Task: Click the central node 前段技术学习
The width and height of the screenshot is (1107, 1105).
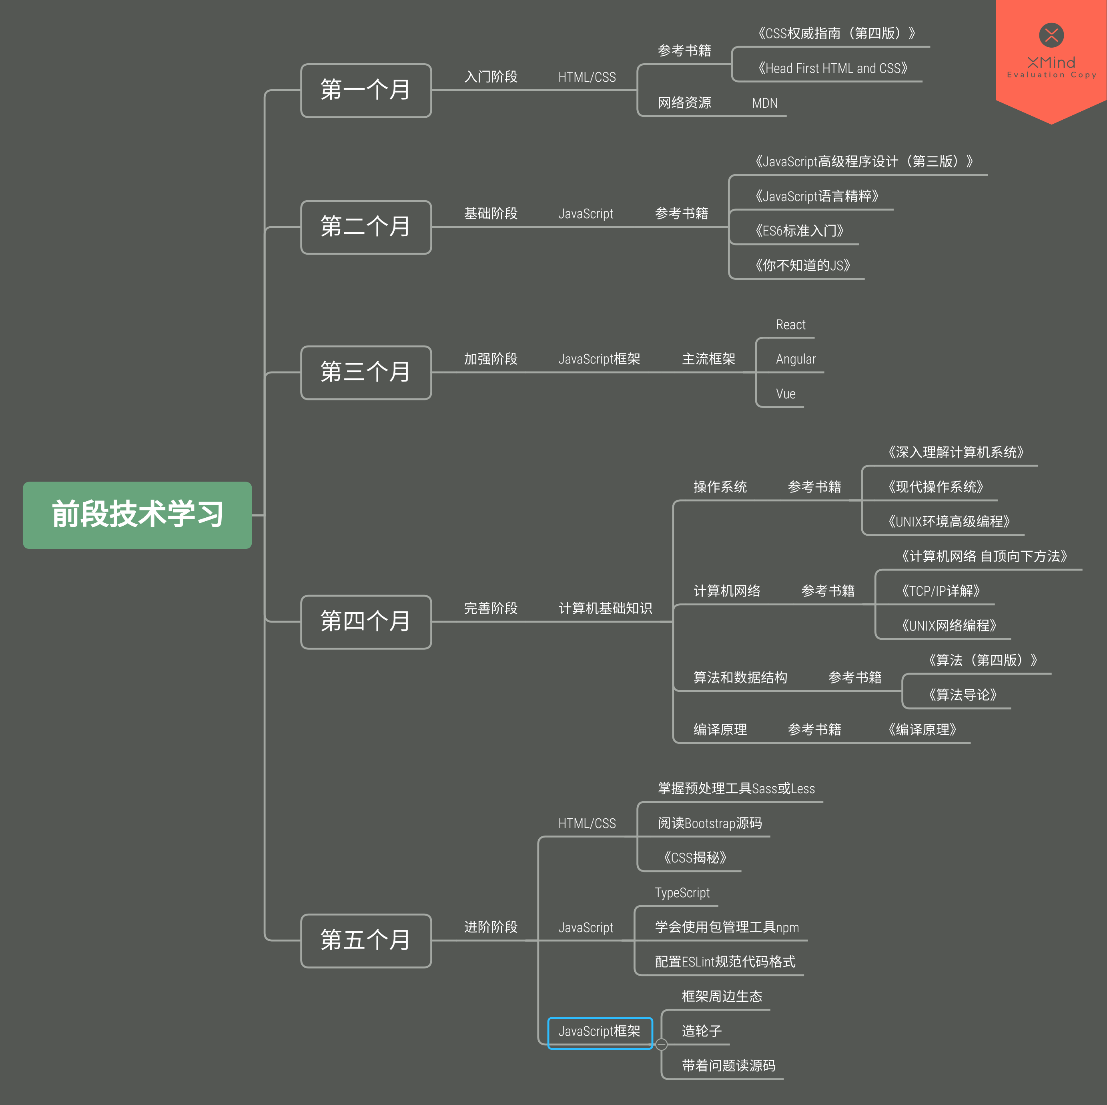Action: [x=137, y=515]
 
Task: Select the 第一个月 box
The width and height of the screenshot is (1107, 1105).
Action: [x=365, y=90]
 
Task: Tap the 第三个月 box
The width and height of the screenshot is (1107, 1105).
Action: [x=365, y=372]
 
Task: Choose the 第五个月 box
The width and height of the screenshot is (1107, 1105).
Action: [x=365, y=940]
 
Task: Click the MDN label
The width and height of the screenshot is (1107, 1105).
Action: [x=764, y=103]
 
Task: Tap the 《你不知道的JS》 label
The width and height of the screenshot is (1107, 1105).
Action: [x=802, y=265]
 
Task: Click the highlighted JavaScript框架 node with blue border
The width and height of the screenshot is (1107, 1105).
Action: [x=600, y=1032]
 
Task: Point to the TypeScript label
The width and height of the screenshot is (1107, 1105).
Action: [x=682, y=893]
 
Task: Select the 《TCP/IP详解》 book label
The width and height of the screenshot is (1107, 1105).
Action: [x=940, y=591]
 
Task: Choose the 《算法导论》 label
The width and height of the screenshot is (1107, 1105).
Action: [x=962, y=695]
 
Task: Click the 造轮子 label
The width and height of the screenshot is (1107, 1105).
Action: [x=701, y=1031]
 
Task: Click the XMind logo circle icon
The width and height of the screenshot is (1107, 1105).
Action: [x=1051, y=35]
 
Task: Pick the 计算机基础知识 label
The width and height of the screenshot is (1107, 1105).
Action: [x=605, y=608]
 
